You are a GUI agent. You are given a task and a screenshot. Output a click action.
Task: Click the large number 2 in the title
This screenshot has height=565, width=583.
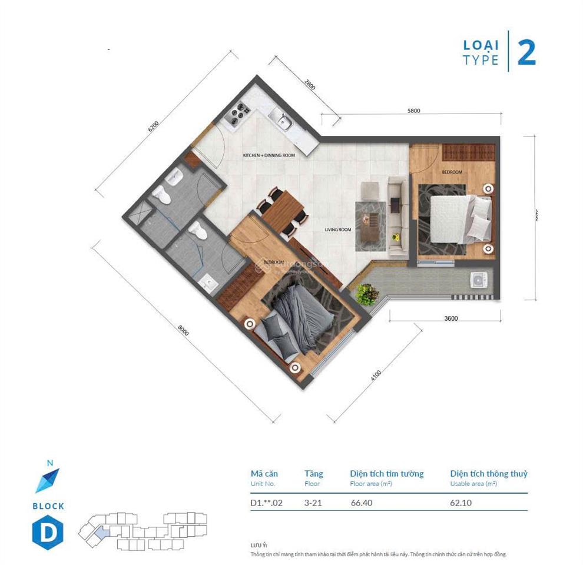[526, 53]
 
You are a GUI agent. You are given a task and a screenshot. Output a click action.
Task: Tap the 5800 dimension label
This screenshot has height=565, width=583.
[413, 111]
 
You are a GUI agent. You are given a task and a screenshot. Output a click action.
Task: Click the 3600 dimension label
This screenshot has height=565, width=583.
[450, 318]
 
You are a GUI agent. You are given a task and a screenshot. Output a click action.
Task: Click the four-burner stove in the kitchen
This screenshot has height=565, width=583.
[238, 113]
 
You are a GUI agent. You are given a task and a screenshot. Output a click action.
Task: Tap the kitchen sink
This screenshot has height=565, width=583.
[283, 121]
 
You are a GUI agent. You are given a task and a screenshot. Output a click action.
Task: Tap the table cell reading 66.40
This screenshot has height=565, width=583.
[361, 503]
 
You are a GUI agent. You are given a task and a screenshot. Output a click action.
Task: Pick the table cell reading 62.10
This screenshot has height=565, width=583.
[461, 503]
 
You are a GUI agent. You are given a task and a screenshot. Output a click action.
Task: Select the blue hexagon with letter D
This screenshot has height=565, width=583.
[48, 532]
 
